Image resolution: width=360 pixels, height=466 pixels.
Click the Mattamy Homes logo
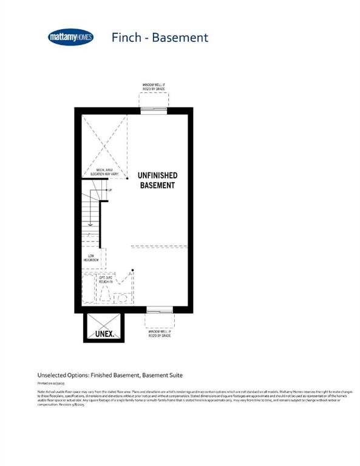coord(70,38)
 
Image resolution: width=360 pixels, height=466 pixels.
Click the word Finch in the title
coord(127,38)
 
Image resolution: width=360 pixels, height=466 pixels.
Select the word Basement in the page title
coord(180,38)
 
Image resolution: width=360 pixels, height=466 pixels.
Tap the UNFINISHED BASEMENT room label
coord(157,180)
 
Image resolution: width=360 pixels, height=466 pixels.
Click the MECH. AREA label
coord(106,172)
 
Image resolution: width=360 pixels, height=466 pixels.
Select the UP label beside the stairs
coord(109,191)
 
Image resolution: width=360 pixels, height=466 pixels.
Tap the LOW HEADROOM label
coord(92,258)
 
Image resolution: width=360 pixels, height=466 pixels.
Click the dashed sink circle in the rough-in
coord(122,298)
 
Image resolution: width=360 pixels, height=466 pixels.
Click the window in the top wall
coord(154,110)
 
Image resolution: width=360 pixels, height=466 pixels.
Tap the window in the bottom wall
coord(159,310)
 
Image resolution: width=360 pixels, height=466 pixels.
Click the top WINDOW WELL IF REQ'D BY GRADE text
coord(154,87)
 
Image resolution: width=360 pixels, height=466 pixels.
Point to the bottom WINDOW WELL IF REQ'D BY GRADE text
coord(160,334)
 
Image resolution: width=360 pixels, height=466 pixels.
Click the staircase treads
coord(90,215)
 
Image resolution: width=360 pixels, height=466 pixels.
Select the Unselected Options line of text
coord(110,375)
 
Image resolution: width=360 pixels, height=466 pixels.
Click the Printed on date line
coord(52,383)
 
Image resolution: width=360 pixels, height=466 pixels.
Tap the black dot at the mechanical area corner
coord(127,179)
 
